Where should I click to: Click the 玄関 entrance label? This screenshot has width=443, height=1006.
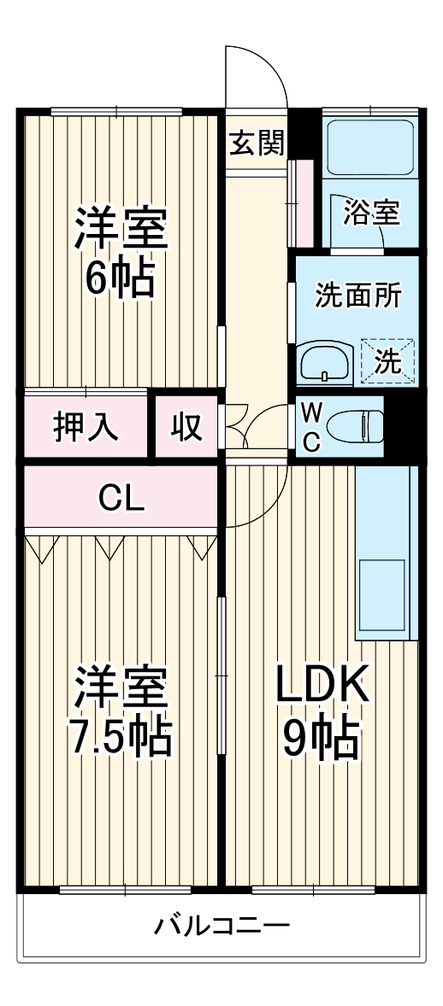pos(256,144)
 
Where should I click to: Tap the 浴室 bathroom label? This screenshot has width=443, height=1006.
pos(371,212)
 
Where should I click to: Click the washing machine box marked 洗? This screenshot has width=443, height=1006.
pos(387,361)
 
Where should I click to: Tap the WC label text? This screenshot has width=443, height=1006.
pos(311,426)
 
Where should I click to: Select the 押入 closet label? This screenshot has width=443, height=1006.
pos(87,427)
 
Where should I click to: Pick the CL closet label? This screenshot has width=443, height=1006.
pos(121,496)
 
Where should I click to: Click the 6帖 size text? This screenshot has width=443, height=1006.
pos(119,276)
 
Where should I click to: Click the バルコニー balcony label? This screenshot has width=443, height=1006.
pos(222,925)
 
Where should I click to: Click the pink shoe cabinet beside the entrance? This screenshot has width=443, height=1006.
pos(301,202)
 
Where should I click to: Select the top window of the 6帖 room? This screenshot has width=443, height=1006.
pos(116,110)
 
